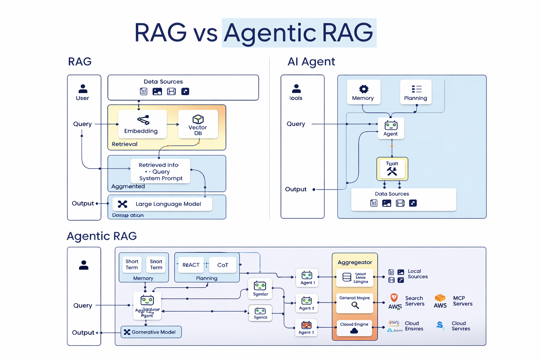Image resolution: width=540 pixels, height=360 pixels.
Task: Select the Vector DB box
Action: coord(198,124)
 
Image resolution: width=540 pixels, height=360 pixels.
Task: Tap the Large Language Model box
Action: coord(162,204)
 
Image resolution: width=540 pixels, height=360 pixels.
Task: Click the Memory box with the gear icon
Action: coord(364,92)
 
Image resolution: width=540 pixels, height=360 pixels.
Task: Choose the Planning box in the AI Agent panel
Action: coord(416,92)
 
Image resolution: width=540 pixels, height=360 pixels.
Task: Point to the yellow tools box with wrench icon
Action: coord(392,169)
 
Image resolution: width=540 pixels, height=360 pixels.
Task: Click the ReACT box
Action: coord(191,265)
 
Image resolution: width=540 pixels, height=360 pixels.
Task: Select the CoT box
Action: coord(223,265)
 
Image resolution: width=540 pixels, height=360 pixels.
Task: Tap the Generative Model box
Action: coord(151,332)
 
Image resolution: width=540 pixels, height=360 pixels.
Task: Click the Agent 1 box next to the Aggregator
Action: coord(307,278)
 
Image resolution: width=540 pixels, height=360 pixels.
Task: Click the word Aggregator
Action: coord(355,262)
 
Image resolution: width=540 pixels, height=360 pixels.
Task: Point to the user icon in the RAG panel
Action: coord(83,89)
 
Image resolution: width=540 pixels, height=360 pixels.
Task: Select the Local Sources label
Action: coord(417,274)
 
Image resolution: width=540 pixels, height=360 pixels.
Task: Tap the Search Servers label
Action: coord(414,301)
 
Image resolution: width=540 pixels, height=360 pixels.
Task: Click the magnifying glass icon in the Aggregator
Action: coord(355,306)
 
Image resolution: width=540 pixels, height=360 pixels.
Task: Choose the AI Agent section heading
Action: coord(311,62)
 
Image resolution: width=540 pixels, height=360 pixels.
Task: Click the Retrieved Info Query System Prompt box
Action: coord(160,171)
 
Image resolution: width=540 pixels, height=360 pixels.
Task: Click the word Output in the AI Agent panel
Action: coord(296,189)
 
